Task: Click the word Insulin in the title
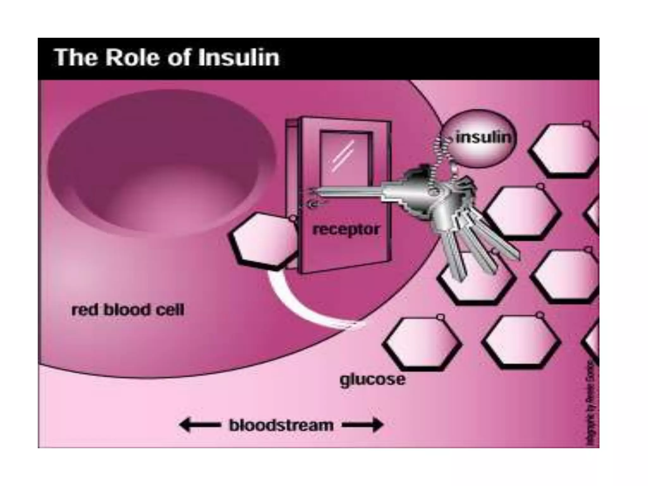pos(239,58)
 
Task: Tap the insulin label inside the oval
pos(483,138)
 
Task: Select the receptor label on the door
pos(346,229)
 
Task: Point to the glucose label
pos(372,379)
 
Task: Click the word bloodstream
pos(281,425)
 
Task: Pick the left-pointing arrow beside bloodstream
pos(200,425)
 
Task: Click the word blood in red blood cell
pos(127,310)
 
